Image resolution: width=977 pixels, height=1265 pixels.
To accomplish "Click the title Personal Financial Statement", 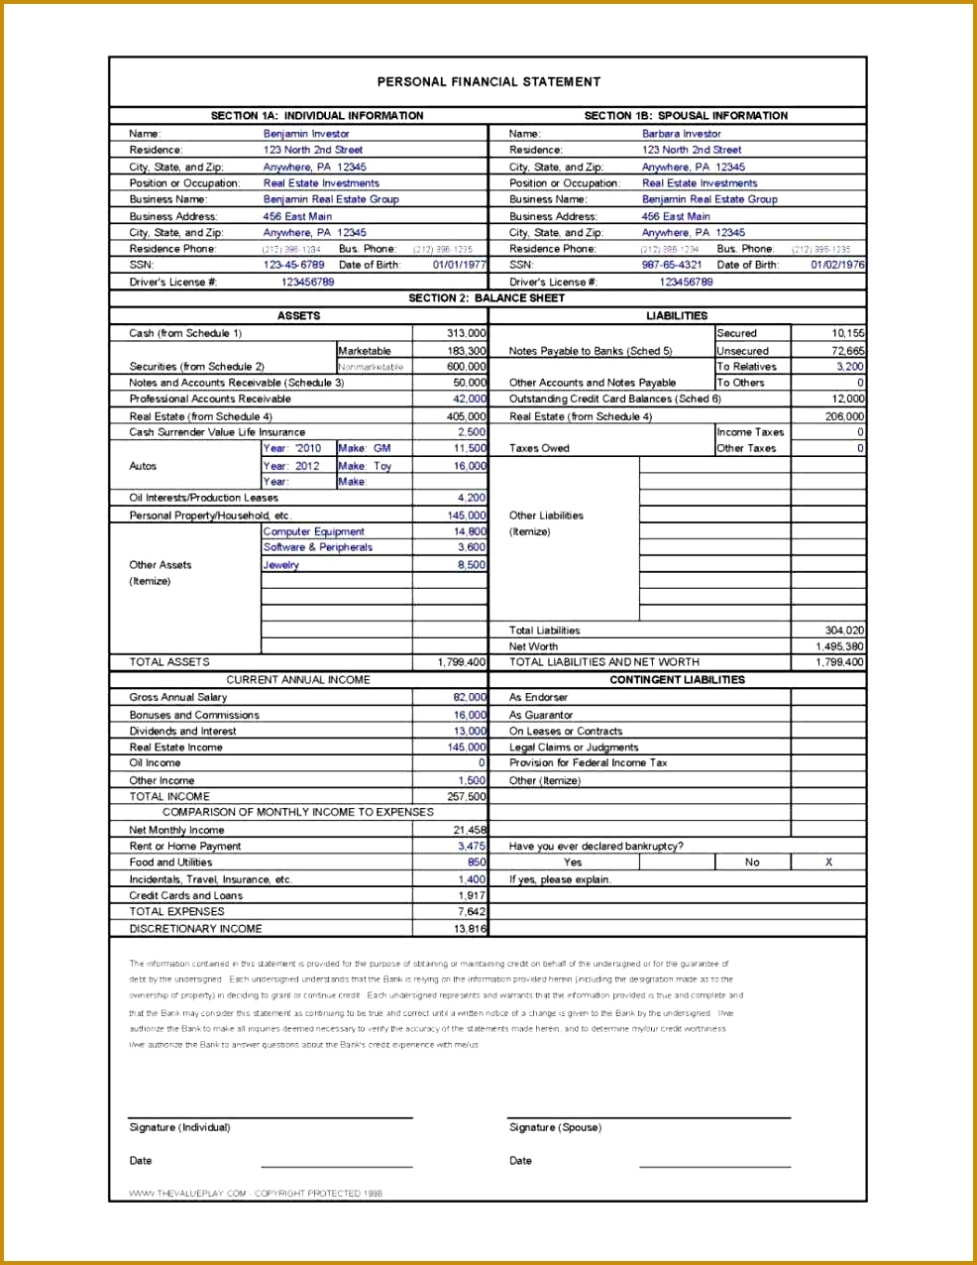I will (x=488, y=82).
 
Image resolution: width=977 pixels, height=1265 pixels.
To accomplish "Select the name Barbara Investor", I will (x=681, y=134).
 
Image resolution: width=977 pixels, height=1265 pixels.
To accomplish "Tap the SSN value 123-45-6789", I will (x=293, y=265).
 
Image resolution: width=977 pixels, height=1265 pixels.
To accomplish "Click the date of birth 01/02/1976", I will (x=837, y=265).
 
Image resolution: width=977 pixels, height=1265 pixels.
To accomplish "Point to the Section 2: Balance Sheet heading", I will (x=487, y=298).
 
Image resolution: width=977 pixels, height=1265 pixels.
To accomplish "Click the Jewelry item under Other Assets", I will (x=281, y=565).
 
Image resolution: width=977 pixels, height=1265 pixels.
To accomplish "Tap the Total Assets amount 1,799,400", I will (x=461, y=662).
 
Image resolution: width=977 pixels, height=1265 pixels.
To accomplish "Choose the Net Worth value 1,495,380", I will (x=839, y=646).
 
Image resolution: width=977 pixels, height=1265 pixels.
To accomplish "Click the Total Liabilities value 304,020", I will (x=843, y=631).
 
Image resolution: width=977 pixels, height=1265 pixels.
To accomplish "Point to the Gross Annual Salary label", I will (x=178, y=698).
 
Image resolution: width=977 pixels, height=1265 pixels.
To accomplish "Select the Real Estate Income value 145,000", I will (x=467, y=747).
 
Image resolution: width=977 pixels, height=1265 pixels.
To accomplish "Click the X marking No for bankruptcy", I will (x=828, y=862).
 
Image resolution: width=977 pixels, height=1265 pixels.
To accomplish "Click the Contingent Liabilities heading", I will (x=677, y=680).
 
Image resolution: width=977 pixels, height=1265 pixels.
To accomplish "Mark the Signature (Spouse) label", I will (x=555, y=1128).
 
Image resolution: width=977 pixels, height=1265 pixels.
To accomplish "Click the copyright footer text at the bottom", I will (x=256, y=1194).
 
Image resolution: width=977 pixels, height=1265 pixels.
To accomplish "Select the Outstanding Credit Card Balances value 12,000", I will (x=847, y=400).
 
